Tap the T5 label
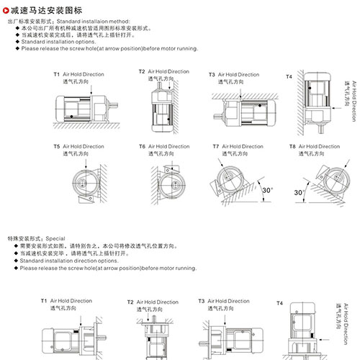pos(57,146)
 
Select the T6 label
pos(142,146)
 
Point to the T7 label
pos(216,146)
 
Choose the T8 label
pos(293,146)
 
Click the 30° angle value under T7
pos(268,190)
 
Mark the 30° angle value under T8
pos(299,193)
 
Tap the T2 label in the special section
pos(130,302)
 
